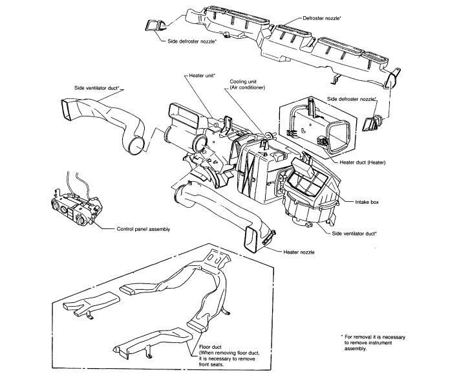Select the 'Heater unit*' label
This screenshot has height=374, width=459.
click(202, 76)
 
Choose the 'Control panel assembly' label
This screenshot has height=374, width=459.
click(143, 228)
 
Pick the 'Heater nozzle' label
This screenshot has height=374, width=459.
click(298, 251)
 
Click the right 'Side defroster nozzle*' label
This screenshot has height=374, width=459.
click(352, 98)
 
